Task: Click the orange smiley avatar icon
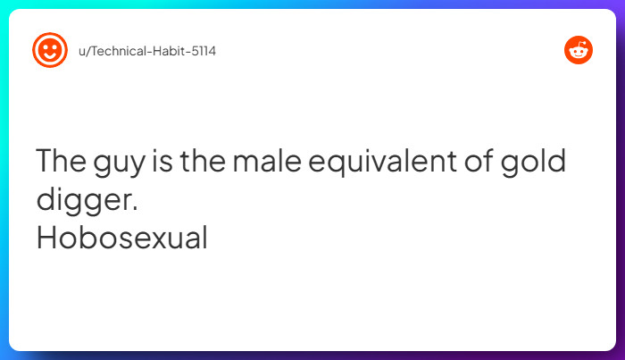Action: pos(50,50)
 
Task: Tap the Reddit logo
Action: pos(579,50)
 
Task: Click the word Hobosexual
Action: pos(121,238)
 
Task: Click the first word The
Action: pos(61,163)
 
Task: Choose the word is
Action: pos(162,163)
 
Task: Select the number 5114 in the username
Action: pos(201,51)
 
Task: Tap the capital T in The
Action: pos(45,163)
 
